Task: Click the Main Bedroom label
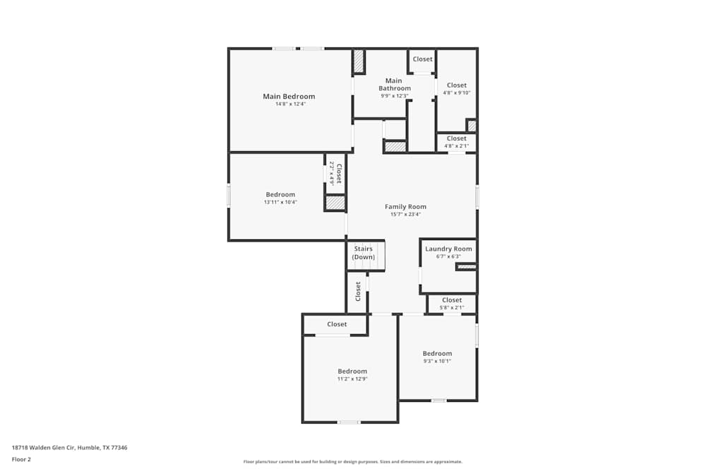pos(289,97)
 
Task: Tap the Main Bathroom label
pos(394,84)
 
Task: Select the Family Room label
pos(405,207)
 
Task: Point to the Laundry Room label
pos(448,249)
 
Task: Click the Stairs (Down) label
pos(364,253)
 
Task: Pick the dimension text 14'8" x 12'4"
pos(290,105)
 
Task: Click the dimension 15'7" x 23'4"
pos(405,215)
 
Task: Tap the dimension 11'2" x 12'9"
pos(352,379)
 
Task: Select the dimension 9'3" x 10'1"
pos(437,361)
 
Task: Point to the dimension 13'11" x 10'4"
pos(280,202)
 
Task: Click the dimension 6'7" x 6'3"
pos(448,256)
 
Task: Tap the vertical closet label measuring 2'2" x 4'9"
pos(335,174)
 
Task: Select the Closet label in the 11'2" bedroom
pos(337,324)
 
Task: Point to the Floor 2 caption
pos(21,459)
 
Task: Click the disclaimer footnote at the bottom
pos(353,462)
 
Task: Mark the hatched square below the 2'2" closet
pos(335,203)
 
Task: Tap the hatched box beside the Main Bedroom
pos(359,61)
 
